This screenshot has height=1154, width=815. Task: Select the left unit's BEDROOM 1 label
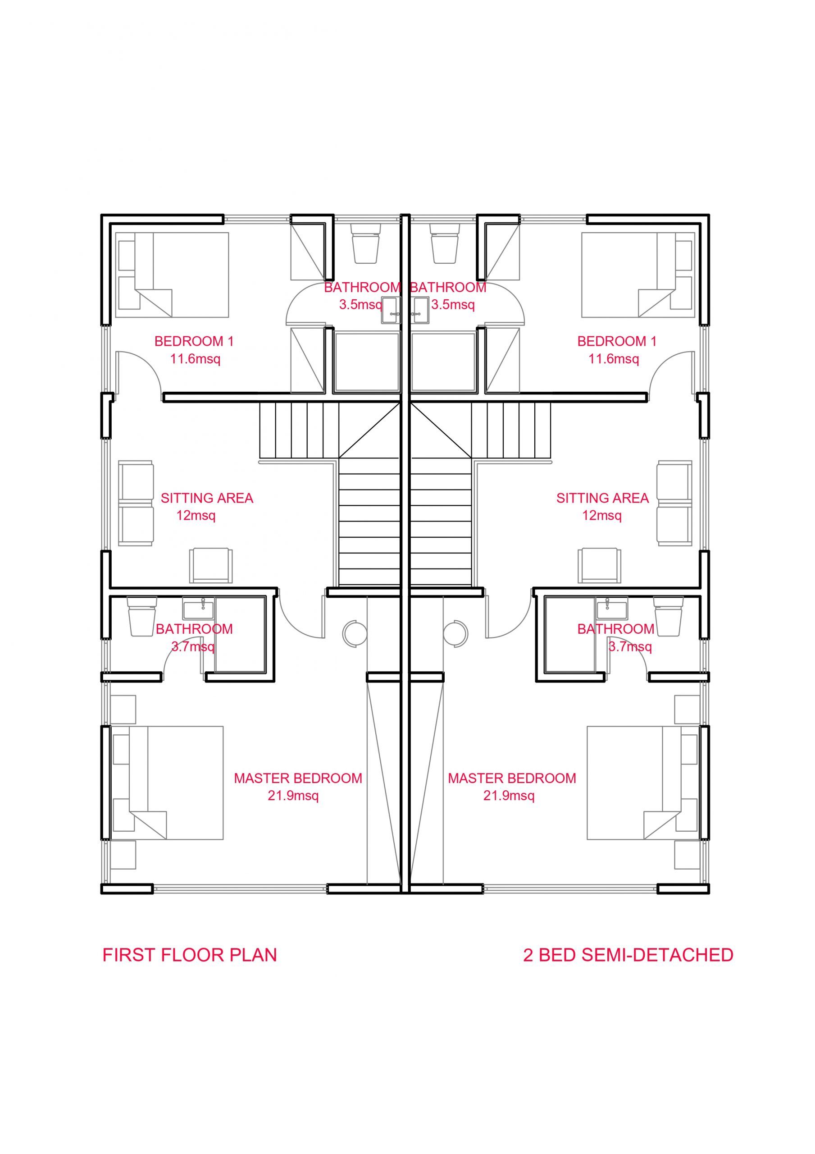(194, 342)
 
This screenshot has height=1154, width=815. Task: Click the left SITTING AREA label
(206, 498)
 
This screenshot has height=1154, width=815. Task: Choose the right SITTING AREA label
(602, 498)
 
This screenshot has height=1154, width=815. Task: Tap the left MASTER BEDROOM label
(298, 778)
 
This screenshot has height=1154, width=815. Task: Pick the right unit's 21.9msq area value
(509, 796)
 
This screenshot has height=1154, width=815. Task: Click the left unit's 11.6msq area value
(195, 359)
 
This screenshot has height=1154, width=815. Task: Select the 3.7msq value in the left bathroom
(193, 647)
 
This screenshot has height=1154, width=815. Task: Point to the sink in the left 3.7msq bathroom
(199, 609)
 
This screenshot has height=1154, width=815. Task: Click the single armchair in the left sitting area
(211, 565)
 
